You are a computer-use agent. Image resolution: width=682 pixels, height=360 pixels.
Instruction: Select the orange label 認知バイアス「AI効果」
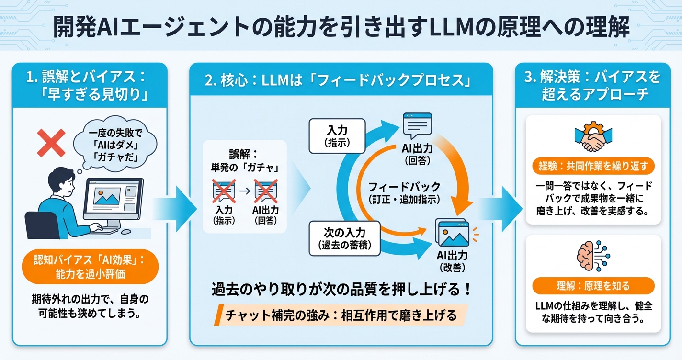pos(90,266)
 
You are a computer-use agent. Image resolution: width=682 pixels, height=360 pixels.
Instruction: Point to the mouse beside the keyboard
pos(126,231)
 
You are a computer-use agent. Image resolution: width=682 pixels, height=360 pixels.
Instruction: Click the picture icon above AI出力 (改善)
pos(451,233)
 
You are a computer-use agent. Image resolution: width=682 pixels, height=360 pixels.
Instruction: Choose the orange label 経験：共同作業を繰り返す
pos(593,167)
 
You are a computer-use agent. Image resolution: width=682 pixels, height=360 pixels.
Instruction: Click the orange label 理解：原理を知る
pos(593,286)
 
